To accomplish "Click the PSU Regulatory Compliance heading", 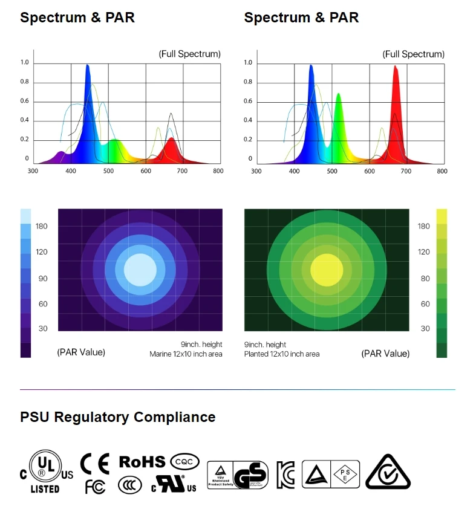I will pyautogui.click(x=117, y=417).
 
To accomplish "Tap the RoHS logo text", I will pyautogui.click(x=142, y=462).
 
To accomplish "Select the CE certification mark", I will pyautogui.click(x=96, y=464).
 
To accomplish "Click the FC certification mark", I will pyautogui.click(x=95, y=487).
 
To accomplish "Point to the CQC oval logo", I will pyautogui.click(x=184, y=462).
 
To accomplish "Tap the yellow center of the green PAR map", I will pyautogui.click(x=327, y=270).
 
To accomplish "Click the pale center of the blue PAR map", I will pyautogui.click(x=140, y=270).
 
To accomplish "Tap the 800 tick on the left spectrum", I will pyautogui.click(x=218, y=171).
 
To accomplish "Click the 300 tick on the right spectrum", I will pyautogui.click(x=256, y=171).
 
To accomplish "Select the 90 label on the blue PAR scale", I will pyautogui.click(x=43, y=279).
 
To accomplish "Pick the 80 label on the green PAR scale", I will pyautogui.click(x=425, y=279).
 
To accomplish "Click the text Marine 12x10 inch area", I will pyautogui.click(x=186, y=354).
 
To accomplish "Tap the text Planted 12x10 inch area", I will pyautogui.click(x=282, y=354).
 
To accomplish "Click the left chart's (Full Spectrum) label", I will pyautogui.click(x=189, y=54).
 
